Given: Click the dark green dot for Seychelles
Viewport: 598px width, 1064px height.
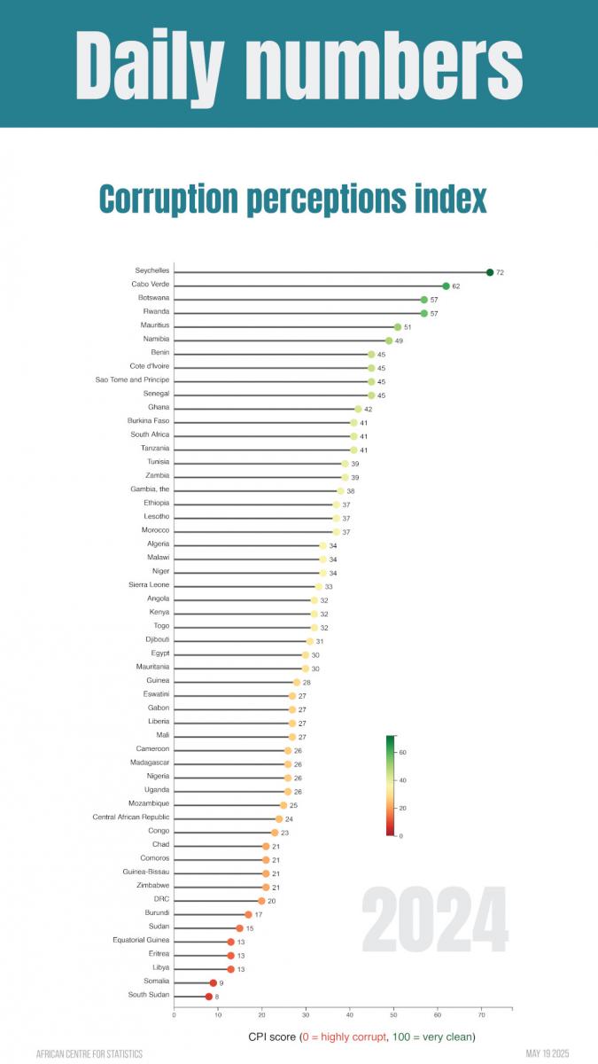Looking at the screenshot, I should (490, 272).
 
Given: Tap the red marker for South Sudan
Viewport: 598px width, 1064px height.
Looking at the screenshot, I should (209, 997).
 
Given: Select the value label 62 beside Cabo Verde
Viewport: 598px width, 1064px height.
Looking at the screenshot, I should (456, 286).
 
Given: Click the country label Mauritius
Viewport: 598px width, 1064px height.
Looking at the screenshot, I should (154, 325).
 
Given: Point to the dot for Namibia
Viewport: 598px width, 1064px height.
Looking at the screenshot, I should (389, 340).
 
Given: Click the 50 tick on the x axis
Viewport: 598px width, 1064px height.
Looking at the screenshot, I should (393, 1015).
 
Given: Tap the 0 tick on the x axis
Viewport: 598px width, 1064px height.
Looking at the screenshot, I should (175, 1015).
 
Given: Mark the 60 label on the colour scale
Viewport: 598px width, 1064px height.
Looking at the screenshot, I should (402, 753).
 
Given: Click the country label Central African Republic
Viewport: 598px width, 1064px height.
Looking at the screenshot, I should (131, 817).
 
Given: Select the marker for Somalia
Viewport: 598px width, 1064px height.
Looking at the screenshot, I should (214, 982).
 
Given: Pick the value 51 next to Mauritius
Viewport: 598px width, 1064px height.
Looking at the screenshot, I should (408, 327).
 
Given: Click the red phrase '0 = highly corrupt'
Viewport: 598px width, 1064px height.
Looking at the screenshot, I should (346, 1037).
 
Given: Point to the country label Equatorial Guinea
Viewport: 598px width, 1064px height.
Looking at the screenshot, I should (141, 940).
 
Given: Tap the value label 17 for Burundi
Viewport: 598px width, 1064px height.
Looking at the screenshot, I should (259, 914).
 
